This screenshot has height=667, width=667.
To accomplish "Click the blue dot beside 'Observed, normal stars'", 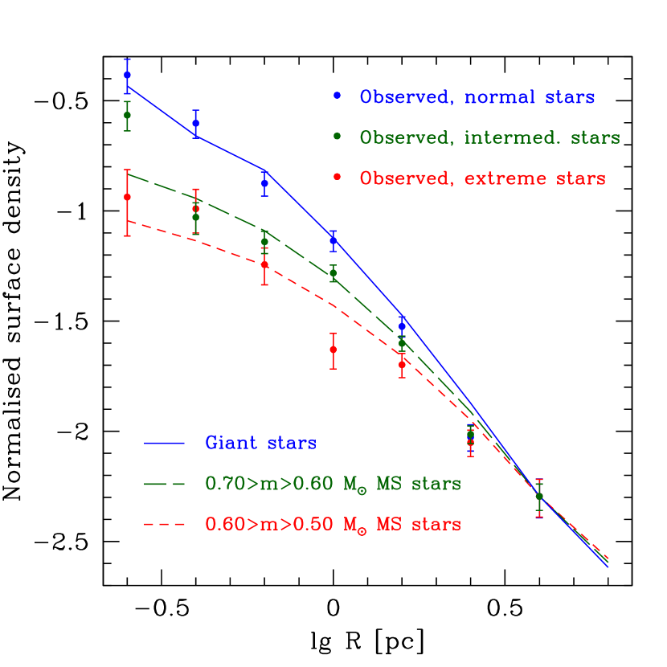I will pos(338,96).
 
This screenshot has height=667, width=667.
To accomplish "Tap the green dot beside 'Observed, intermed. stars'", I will pos(338,137).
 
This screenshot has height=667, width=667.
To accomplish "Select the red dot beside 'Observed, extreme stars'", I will pos(338,176).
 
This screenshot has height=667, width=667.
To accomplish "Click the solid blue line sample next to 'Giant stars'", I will pos(164,443).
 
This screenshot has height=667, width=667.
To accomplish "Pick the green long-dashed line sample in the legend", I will pos(164,484).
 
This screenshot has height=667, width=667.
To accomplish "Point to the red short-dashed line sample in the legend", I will pos(164,525).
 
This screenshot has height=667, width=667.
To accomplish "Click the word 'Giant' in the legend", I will pos(230,443).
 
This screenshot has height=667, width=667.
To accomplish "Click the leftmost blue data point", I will pos(127,75).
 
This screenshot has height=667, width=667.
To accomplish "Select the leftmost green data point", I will pos(127,115).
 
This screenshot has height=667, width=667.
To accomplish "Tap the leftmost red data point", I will pos(127,197).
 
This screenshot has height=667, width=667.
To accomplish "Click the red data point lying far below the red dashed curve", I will pos(333,350).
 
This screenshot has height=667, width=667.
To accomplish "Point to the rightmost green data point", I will pos(539,496).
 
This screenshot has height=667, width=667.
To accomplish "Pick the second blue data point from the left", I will pos(195,123).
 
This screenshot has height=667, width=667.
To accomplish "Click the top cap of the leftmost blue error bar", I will pos(127,59).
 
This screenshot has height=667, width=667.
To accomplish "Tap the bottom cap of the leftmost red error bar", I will pos(127,235).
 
